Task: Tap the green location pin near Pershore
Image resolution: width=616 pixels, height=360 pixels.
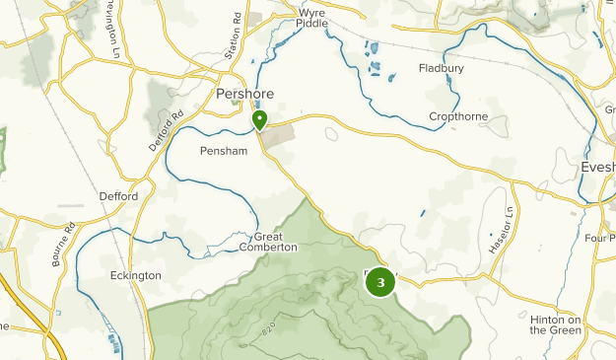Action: click(260, 120)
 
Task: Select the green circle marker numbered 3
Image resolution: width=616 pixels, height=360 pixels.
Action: click(380, 283)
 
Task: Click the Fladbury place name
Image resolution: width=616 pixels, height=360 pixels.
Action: click(441, 68)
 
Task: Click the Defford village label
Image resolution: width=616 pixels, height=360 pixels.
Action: click(118, 196)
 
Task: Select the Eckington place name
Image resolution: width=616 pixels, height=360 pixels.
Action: click(136, 276)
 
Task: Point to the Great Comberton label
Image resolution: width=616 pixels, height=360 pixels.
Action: click(275, 242)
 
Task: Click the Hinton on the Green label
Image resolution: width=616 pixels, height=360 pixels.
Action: click(558, 324)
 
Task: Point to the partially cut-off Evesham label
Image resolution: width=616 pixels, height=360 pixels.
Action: click(597, 168)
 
